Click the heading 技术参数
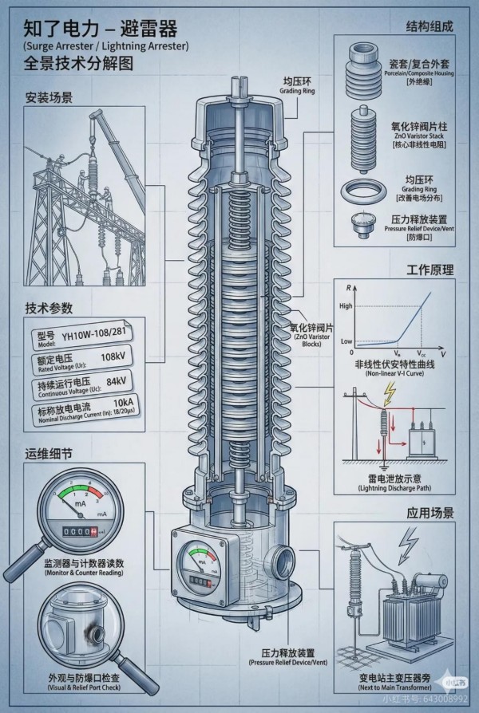[49, 308]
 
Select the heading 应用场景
[430, 512]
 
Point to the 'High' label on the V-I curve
[345, 306]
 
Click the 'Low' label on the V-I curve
[346, 341]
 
